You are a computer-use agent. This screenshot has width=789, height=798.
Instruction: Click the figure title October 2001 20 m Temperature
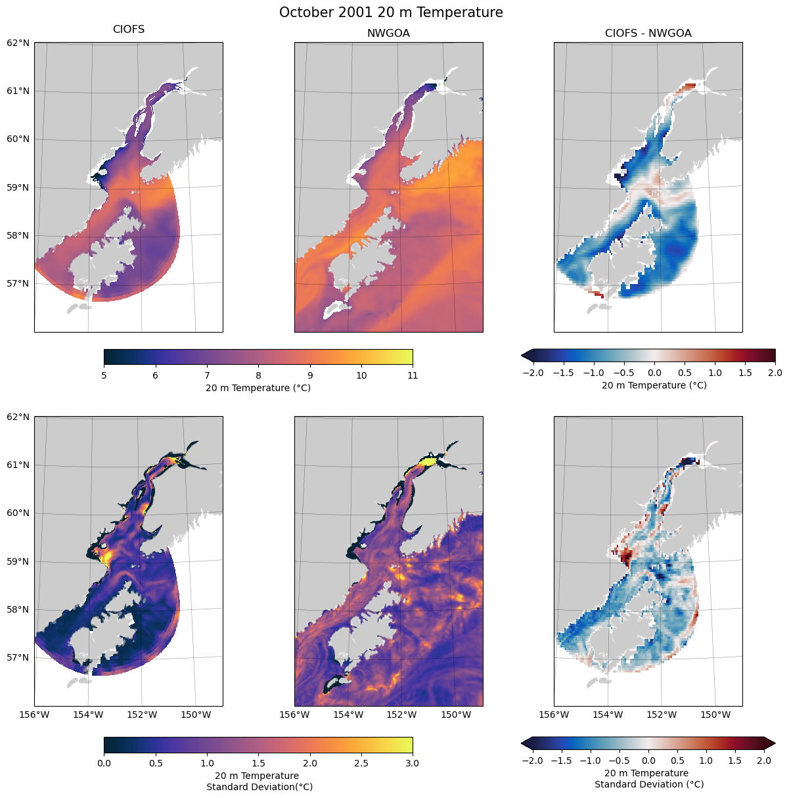click(391, 12)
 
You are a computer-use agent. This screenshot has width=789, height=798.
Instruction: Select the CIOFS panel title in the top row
click(129, 30)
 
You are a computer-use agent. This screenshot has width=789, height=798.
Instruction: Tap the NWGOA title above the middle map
click(388, 34)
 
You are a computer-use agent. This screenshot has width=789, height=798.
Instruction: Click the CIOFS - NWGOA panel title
click(648, 34)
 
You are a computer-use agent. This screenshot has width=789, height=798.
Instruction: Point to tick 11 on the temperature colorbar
click(413, 375)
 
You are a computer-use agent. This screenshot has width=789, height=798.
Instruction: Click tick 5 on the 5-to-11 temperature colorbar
click(104, 375)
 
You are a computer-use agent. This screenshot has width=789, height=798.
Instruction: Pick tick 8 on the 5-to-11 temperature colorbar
click(258, 375)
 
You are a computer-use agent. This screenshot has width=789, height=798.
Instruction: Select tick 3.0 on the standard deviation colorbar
click(413, 763)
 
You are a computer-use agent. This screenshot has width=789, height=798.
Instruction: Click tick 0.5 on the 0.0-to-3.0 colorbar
click(155, 763)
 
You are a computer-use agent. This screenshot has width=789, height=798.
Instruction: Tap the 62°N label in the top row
click(18, 43)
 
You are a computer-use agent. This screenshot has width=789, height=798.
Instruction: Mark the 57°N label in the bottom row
click(18, 657)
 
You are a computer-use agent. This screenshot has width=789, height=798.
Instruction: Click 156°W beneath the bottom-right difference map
click(554, 715)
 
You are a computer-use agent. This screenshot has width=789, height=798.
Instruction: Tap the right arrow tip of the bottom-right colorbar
click(775, 743)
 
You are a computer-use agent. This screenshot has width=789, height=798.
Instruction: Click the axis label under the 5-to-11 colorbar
click(258, 388)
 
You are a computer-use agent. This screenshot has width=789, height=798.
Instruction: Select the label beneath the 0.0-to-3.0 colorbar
click(259, 781)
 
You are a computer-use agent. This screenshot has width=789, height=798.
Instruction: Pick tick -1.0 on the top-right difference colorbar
click(594, 373)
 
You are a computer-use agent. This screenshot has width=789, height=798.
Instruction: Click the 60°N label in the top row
click(18, 139)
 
